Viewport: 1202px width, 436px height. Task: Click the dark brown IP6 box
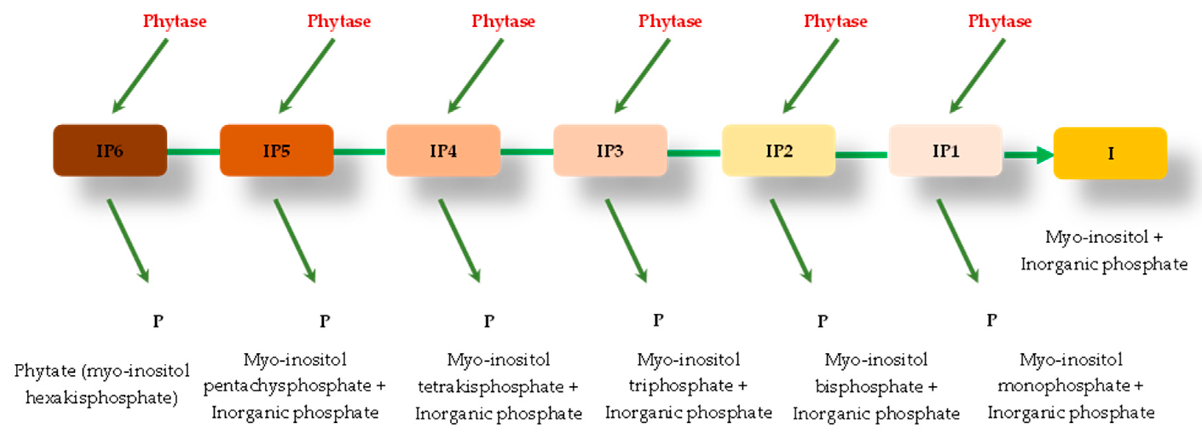point(110,150)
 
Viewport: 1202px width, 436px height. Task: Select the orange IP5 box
point(276,150)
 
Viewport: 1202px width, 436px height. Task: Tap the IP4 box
point(443,150)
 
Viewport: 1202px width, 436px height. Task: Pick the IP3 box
point(610,150)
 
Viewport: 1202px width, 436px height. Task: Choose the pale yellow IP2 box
point(778,150)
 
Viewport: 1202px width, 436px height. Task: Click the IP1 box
point(945,150)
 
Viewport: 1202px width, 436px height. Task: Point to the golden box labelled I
point(1110,153)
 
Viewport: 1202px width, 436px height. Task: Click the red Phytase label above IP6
point(175,21)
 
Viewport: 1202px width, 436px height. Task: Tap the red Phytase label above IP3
point(670,21)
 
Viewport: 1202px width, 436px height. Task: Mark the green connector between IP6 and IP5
point(193,151)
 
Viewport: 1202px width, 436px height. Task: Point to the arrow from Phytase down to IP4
point(476,76)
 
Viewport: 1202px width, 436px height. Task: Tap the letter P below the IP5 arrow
point(325,321)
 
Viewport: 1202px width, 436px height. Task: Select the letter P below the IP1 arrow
point(991,320)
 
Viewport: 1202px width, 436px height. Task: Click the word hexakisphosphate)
point(102,398)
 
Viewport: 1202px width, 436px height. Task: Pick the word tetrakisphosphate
point(491,387)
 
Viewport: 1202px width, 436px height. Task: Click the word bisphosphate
point(869,387)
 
